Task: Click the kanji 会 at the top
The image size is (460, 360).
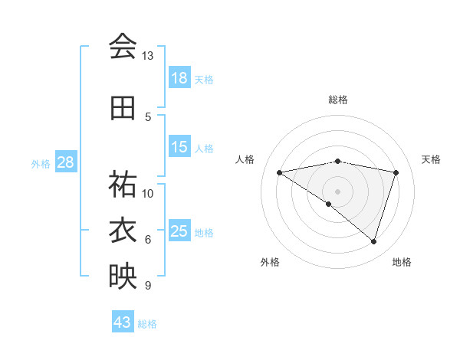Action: (x=123, y=47)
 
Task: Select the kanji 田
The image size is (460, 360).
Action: (x=123, y=108)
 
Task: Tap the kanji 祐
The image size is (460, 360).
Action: (x=123, y=185)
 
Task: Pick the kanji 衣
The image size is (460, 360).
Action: (x=123, y=231)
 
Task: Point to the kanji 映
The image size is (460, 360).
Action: (x=123, y=277)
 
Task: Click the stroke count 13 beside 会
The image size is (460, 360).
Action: (x=148, y=56)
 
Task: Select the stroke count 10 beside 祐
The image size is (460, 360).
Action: (x=148, y=193)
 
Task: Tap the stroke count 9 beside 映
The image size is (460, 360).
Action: (x=147, y=286)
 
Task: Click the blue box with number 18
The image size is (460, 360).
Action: (x=179, y=78)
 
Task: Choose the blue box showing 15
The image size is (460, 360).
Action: (x=179, y=147)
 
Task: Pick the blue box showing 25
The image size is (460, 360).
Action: (x=179, y=231)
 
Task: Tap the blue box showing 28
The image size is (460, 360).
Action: (x=65, y=162)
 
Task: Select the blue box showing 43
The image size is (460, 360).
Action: (x=123, y=322)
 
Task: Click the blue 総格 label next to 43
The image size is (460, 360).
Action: (x=147, y=323)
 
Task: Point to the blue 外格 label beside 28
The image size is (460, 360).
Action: (x=41, y=163)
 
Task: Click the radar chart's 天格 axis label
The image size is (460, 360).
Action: (x=431, y=159)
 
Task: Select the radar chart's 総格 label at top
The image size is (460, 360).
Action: (x=337, y=100)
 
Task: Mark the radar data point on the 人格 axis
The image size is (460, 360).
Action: (x=280, y=172)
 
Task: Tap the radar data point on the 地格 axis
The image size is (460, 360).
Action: (x=373, y=241)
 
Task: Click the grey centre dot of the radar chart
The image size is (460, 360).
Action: (x=337, y=191)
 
